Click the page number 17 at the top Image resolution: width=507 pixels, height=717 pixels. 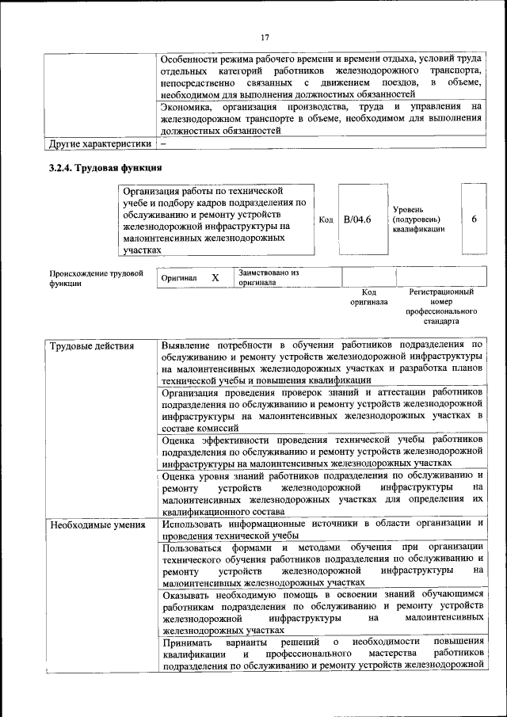pyautogui.click(x=265, y=36)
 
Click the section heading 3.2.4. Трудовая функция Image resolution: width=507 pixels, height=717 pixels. pyautogui.click(x=105, y=168)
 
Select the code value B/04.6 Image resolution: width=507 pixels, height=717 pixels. pyautogui.click(x=357, y=219)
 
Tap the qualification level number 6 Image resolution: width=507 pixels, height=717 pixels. pyautogui.click(x=474, y=219)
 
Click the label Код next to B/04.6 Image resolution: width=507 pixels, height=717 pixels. pyautogui.click(x=325, y=219)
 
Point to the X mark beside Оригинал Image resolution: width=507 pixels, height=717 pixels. pyautogui.click(x=215, y=278)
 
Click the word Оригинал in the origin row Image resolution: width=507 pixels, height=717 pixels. pyautogui.click(x=179, y=279)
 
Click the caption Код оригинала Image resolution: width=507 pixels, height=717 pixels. pyautogui.click(x=369, y=297)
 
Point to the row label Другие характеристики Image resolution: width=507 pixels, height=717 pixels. pyautogui.click(x=100, y=144)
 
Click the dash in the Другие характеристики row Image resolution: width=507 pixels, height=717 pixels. pyautogui.click(x=163, y=144)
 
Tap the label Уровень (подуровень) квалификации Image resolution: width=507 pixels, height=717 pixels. pyautogui.click(x=418, y=219)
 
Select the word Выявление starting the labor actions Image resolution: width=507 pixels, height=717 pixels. pyautogui.click(x=187, y=346)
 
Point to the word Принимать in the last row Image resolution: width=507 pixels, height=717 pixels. pyautogui.click(x=189, y=641)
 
